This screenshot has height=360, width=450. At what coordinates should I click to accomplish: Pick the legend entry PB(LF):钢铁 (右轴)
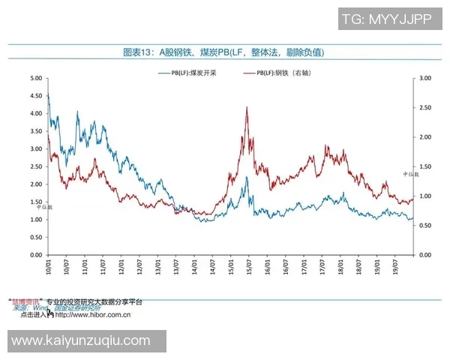click(277, 73)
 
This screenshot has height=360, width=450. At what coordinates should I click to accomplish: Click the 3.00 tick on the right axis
click(425, 78)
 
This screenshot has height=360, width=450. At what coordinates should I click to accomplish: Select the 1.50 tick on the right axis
click(425, 166)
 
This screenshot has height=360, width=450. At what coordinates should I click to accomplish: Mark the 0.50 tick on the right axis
click(425, 226)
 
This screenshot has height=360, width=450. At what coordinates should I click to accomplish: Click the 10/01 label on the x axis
click(49, 266)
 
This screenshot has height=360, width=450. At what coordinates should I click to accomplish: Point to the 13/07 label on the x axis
click(176, 266)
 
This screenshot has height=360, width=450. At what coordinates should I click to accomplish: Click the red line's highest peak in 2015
click(247, 107)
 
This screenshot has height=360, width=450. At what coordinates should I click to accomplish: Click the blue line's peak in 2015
click(246, 178)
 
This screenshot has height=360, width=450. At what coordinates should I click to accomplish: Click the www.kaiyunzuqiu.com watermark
click(82, 341)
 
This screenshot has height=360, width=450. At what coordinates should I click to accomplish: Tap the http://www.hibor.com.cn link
click(93, 315)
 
